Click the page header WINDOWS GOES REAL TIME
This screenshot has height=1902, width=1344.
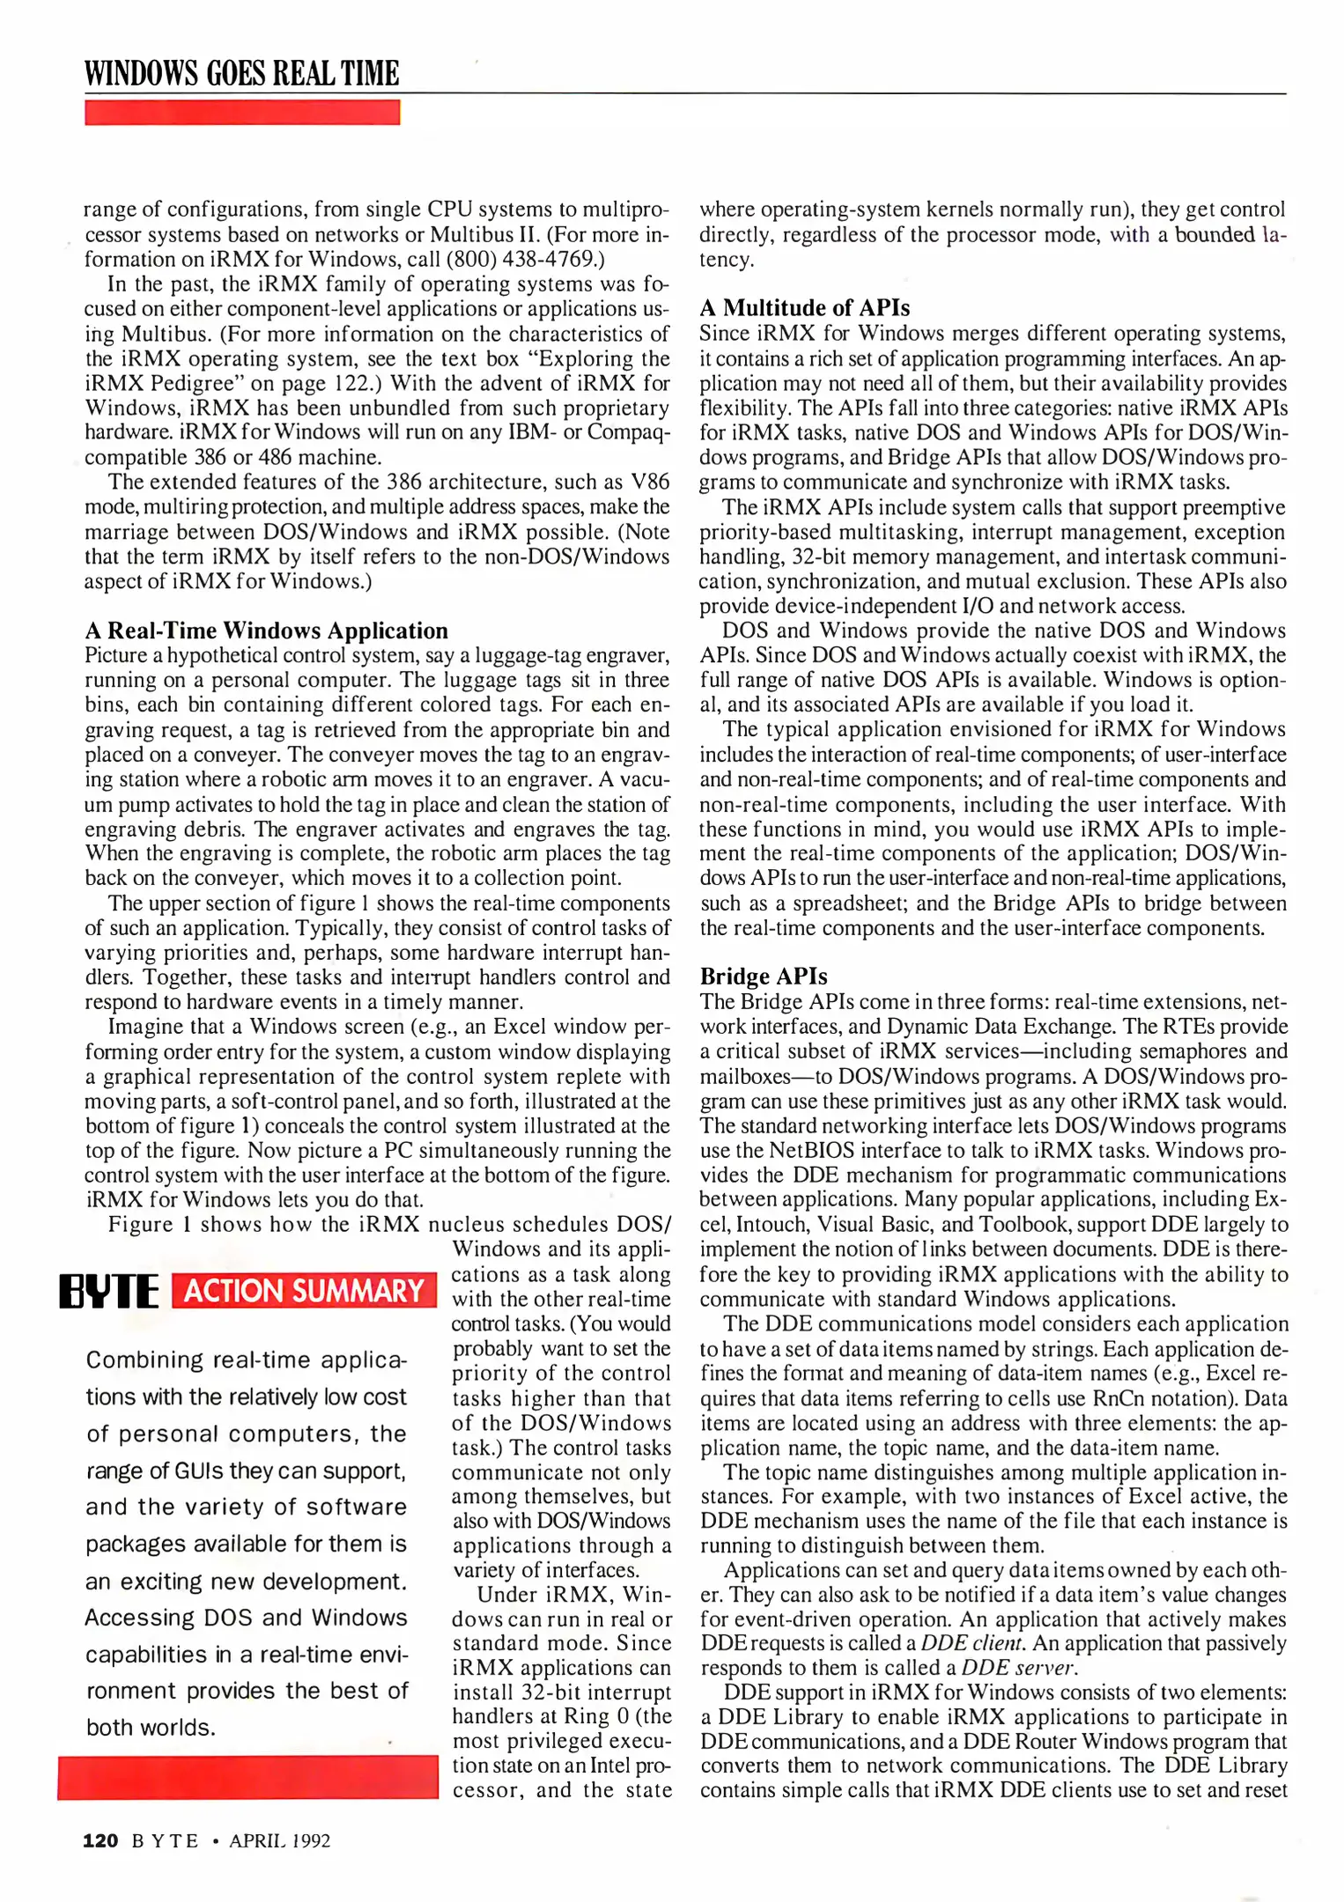[241, 73]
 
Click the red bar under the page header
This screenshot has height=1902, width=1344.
[241, 113]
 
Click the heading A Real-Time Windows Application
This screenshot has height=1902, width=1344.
[266, 630]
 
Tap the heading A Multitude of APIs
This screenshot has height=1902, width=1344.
[804, 307]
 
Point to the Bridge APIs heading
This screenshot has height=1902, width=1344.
[763, 977]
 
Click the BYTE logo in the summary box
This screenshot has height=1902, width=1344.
[109, 1291]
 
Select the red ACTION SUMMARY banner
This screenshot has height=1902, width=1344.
[304, 1291]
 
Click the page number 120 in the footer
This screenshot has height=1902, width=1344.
[100, 1840]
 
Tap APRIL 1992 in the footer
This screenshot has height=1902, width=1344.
[279, 1840]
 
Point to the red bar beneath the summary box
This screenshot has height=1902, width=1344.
[247, 1777]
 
